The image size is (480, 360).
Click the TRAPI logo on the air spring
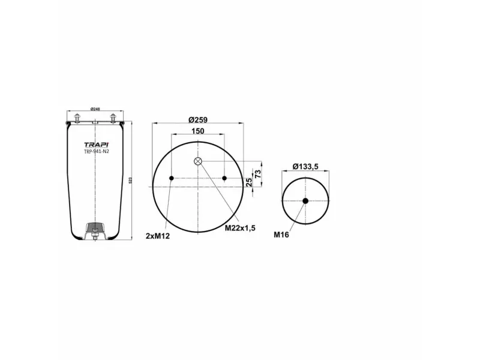tap(95, 145)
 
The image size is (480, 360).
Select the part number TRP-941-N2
tap(95, 152)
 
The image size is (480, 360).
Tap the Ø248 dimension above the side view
tap(95, 109)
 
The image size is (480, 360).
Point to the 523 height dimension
tap(130, 180)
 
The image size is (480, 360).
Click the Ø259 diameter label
tap(198, 119)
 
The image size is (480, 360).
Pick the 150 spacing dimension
tap(198, 131)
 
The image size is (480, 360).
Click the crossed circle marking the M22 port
tap(198, 161)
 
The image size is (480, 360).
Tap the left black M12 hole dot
tap(172, 178)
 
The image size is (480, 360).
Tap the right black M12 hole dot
tap(224, 178)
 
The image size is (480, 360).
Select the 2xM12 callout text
tap(158, 236)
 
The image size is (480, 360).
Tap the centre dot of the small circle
tap(305, 200)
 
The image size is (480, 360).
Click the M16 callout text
tap(281, 235)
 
